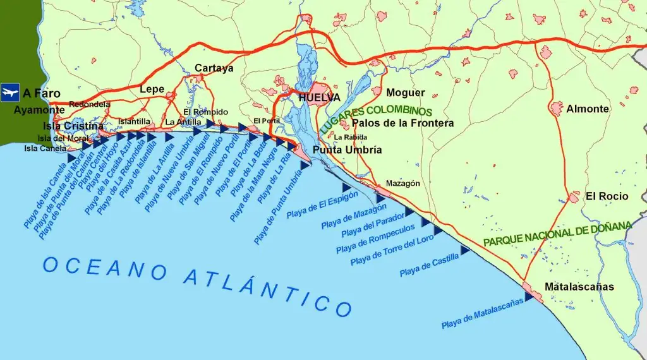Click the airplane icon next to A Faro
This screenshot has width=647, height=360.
pyautogui.click(x=9, y=93)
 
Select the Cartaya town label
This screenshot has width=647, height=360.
pyautogui.click(x=214, y=68)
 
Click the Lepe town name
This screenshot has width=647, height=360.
pyautogui.click(x=152, y=89)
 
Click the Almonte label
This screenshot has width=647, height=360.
pyautogui.click(x=587, y=109)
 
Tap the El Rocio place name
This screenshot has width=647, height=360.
pyautogui.click(x=607, y=196)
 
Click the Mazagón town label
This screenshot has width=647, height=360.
pyautogui.click(x=402, y=184)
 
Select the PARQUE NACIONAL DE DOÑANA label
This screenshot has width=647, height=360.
pyautogui.click(x=557, y=234)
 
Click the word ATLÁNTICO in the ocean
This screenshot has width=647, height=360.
pyautogui.click(x=268, y=291)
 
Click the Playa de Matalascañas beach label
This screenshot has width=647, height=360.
pyautogui.click(x=482, y=313)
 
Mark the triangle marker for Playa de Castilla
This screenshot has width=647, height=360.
pyautogui.click(x=465, y=251)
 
